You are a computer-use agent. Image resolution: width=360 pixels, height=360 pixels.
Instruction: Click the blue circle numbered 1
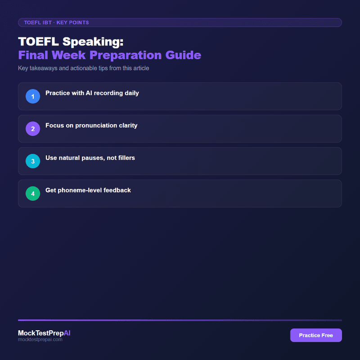[33, 96]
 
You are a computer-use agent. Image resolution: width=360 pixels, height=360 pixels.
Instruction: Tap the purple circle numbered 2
[33, 129]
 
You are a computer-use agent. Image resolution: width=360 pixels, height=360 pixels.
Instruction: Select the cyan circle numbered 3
[33, 161]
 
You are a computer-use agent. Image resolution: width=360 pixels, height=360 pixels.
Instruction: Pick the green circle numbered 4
[33, 193]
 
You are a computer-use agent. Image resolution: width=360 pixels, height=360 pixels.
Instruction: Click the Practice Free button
[316, 335]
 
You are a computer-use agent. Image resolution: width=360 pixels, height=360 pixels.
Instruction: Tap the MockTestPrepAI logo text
[44, 333]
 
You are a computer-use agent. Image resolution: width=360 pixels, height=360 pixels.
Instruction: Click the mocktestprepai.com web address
[40, 340]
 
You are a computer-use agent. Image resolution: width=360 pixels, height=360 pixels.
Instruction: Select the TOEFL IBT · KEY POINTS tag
[56, 22]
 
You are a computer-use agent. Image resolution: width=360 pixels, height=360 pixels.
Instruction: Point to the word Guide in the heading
[185, 55]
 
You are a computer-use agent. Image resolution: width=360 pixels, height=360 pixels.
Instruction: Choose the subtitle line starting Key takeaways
[83, 68]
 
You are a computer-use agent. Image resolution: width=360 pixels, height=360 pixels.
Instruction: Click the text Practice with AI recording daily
[92, 93]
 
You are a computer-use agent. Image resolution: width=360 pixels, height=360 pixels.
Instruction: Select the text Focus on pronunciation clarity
[91, 126]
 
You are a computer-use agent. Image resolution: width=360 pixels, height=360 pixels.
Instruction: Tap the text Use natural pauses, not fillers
[90, 158]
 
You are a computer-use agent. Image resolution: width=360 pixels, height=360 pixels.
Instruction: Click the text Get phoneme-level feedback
[88, 190]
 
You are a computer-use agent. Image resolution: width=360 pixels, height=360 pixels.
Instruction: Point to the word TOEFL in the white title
[38, 42]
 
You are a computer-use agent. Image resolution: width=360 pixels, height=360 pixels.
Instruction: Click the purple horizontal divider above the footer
[180, 320]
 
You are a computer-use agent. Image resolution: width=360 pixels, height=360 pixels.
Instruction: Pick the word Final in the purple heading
[33, 55]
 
